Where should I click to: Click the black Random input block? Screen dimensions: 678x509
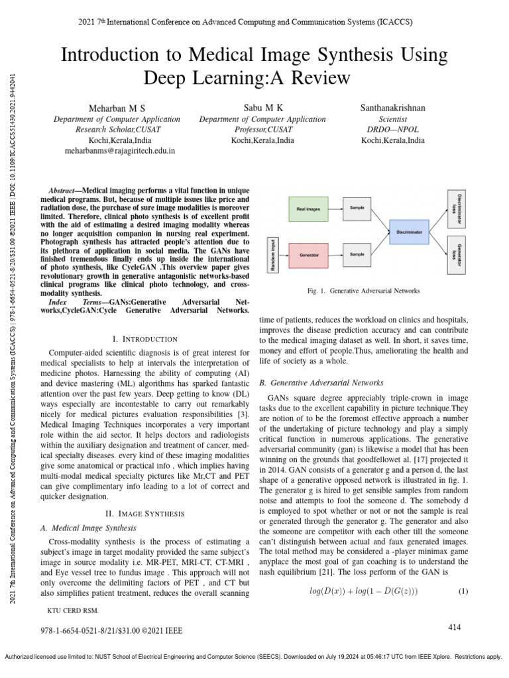[271, 254]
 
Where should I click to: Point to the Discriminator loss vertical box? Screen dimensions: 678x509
[455, 204]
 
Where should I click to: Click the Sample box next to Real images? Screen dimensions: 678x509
[357, 209]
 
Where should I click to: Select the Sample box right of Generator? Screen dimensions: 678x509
[357, 254]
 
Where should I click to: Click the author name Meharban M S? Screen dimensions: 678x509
[117, 108]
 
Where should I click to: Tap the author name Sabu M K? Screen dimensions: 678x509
[262, 107]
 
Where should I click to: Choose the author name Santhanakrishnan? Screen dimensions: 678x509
[393, 107]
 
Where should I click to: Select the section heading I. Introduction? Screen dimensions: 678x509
[145, 338]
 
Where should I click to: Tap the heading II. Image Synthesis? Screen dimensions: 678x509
[145, 513]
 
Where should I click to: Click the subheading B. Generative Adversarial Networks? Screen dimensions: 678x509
[321, 383]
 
